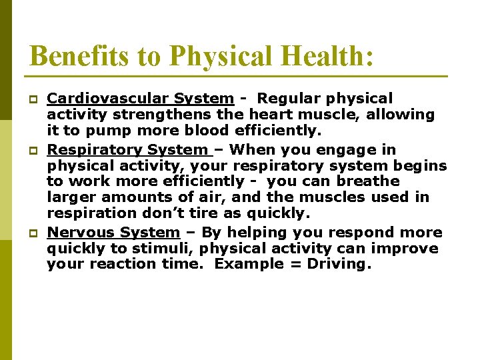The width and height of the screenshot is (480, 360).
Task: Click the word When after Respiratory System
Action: [x=248, y=149]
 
